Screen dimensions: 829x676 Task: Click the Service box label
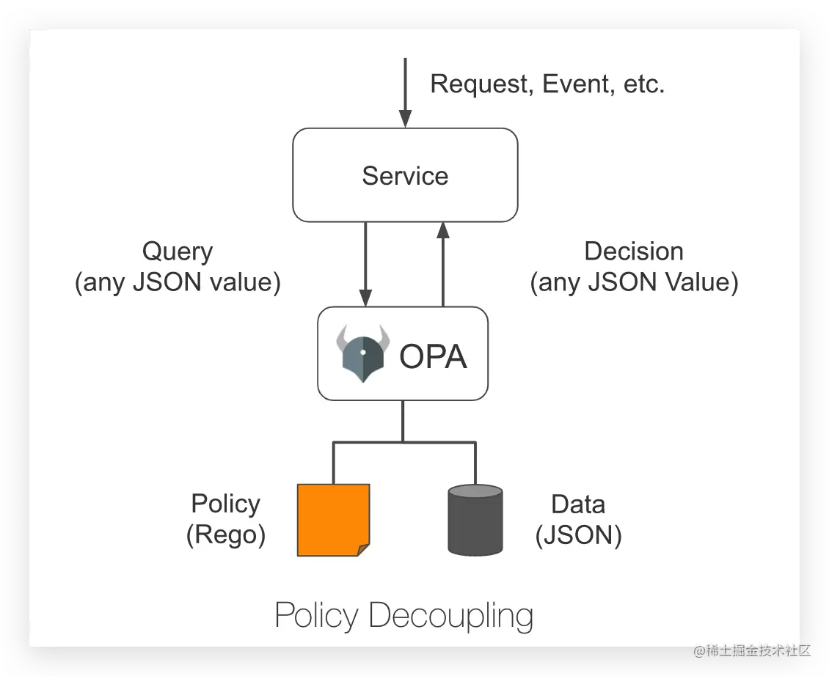click(405, 176)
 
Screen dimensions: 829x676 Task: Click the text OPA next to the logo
click(433, 356)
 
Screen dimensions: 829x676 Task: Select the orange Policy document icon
click(334, 520)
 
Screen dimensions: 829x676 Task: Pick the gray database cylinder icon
click(475, 520)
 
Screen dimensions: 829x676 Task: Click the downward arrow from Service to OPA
click(365, 264)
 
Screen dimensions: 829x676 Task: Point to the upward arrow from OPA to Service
click(443, 264)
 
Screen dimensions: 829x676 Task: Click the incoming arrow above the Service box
click(406, 92)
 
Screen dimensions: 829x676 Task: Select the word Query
click(178, 252)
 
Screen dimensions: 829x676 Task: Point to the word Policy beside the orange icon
click(226, 504)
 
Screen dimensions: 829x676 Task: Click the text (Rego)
click(226, 535)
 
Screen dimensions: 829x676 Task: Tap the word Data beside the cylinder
click(578, 504)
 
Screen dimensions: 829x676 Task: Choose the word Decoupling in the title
click(451, 616)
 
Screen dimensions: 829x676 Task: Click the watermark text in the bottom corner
click(753, 650)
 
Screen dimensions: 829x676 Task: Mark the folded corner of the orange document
click(364, 550)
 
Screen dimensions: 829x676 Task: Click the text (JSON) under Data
click(578, 535)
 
